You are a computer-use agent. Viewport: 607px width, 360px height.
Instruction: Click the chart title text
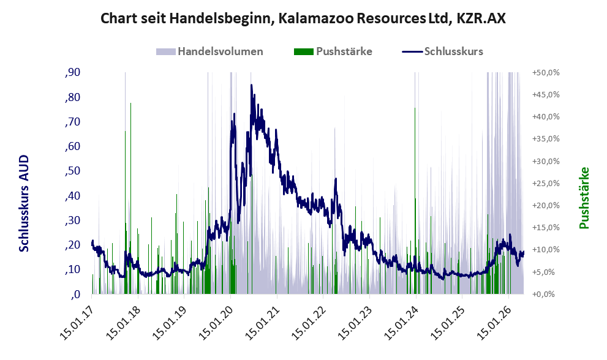click(x=303, y=18)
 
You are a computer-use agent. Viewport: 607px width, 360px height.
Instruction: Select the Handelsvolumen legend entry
click(x=209, y=51)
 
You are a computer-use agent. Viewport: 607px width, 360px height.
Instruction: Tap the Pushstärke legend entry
click(x=333, y=51)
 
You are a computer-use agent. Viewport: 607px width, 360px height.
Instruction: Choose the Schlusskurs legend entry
click(x=442, y=51)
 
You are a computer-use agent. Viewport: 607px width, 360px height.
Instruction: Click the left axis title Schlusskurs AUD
click(x=24, y=203)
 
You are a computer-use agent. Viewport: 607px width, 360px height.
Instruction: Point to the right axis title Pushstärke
click(x=584, y=198)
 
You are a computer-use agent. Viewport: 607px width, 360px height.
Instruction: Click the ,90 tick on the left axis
click(x=73, y=72)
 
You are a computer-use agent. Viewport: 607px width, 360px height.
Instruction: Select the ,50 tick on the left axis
click(x=73, y=171)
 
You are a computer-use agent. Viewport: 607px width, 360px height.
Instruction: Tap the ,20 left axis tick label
click(x=73, y=245)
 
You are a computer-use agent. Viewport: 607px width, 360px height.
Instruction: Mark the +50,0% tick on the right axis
click(x=546, y=72)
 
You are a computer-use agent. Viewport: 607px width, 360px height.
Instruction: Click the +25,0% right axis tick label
click(x=546, y=183)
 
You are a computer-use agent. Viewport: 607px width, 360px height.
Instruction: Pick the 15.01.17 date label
click(x=77, y=322)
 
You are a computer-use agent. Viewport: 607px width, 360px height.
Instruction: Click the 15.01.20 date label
click(x=216, y=322)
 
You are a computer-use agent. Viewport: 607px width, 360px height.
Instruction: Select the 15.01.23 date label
click(x=355, y=322)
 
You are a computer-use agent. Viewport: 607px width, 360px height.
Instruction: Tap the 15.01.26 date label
click(x=494, y=322)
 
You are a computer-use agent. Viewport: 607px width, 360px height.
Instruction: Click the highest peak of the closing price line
click(x=251, y=84)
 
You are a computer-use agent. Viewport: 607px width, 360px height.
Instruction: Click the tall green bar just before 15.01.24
click(x=415, y=201)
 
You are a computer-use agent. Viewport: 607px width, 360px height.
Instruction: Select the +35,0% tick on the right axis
click(x=546, y=138)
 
